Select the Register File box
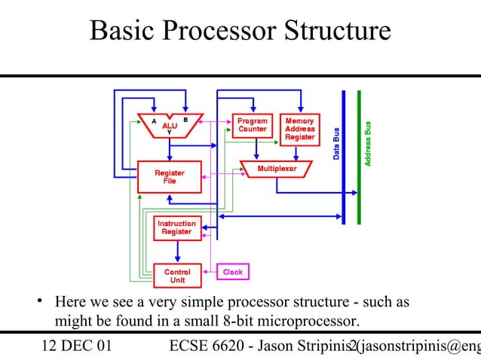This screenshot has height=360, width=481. [169, 177]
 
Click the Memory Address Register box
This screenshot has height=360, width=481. [299, 129]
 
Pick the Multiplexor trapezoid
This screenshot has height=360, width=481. [277, 169]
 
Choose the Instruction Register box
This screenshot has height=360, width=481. [176, 228]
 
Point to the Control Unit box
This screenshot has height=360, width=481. [177, 276]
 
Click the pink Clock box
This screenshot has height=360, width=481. [232, 271]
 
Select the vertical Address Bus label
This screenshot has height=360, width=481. [367, 143]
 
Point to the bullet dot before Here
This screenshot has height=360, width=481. [35, 304]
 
